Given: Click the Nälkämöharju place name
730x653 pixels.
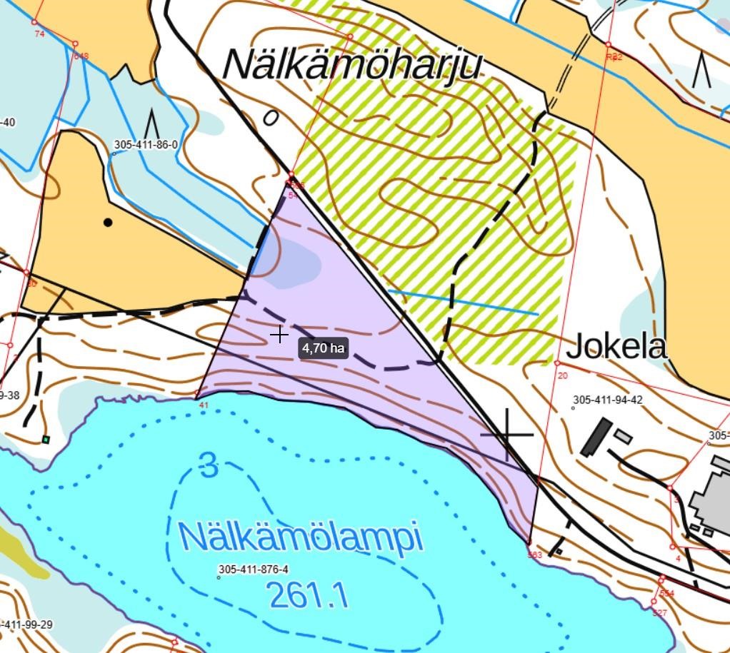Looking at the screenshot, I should [x=353, y=65].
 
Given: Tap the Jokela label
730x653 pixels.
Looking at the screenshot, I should [x=616, y=348].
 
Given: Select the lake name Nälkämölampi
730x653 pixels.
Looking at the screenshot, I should [x=301, y=537].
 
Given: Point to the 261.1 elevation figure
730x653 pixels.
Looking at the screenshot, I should [x=309, y=594].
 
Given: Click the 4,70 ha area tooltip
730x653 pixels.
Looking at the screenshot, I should [x=324, y=348].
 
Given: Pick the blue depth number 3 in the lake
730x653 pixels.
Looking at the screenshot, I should [x=209, y=466].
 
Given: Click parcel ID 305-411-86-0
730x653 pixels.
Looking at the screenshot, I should [x=146, y=145].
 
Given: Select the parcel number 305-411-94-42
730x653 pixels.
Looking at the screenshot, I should [x=608, y=400].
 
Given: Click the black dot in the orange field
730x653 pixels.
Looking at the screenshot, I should [x=108, y=223].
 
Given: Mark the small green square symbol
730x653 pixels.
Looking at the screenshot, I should [x=46, y=439].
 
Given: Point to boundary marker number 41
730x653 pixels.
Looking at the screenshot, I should [x=204, y=405].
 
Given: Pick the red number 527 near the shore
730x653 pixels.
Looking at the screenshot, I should [x=659, y=613].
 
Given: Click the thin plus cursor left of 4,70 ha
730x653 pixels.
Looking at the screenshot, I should [x=279, y=334].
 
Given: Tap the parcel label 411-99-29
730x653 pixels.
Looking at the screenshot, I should [x=26, y=624].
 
